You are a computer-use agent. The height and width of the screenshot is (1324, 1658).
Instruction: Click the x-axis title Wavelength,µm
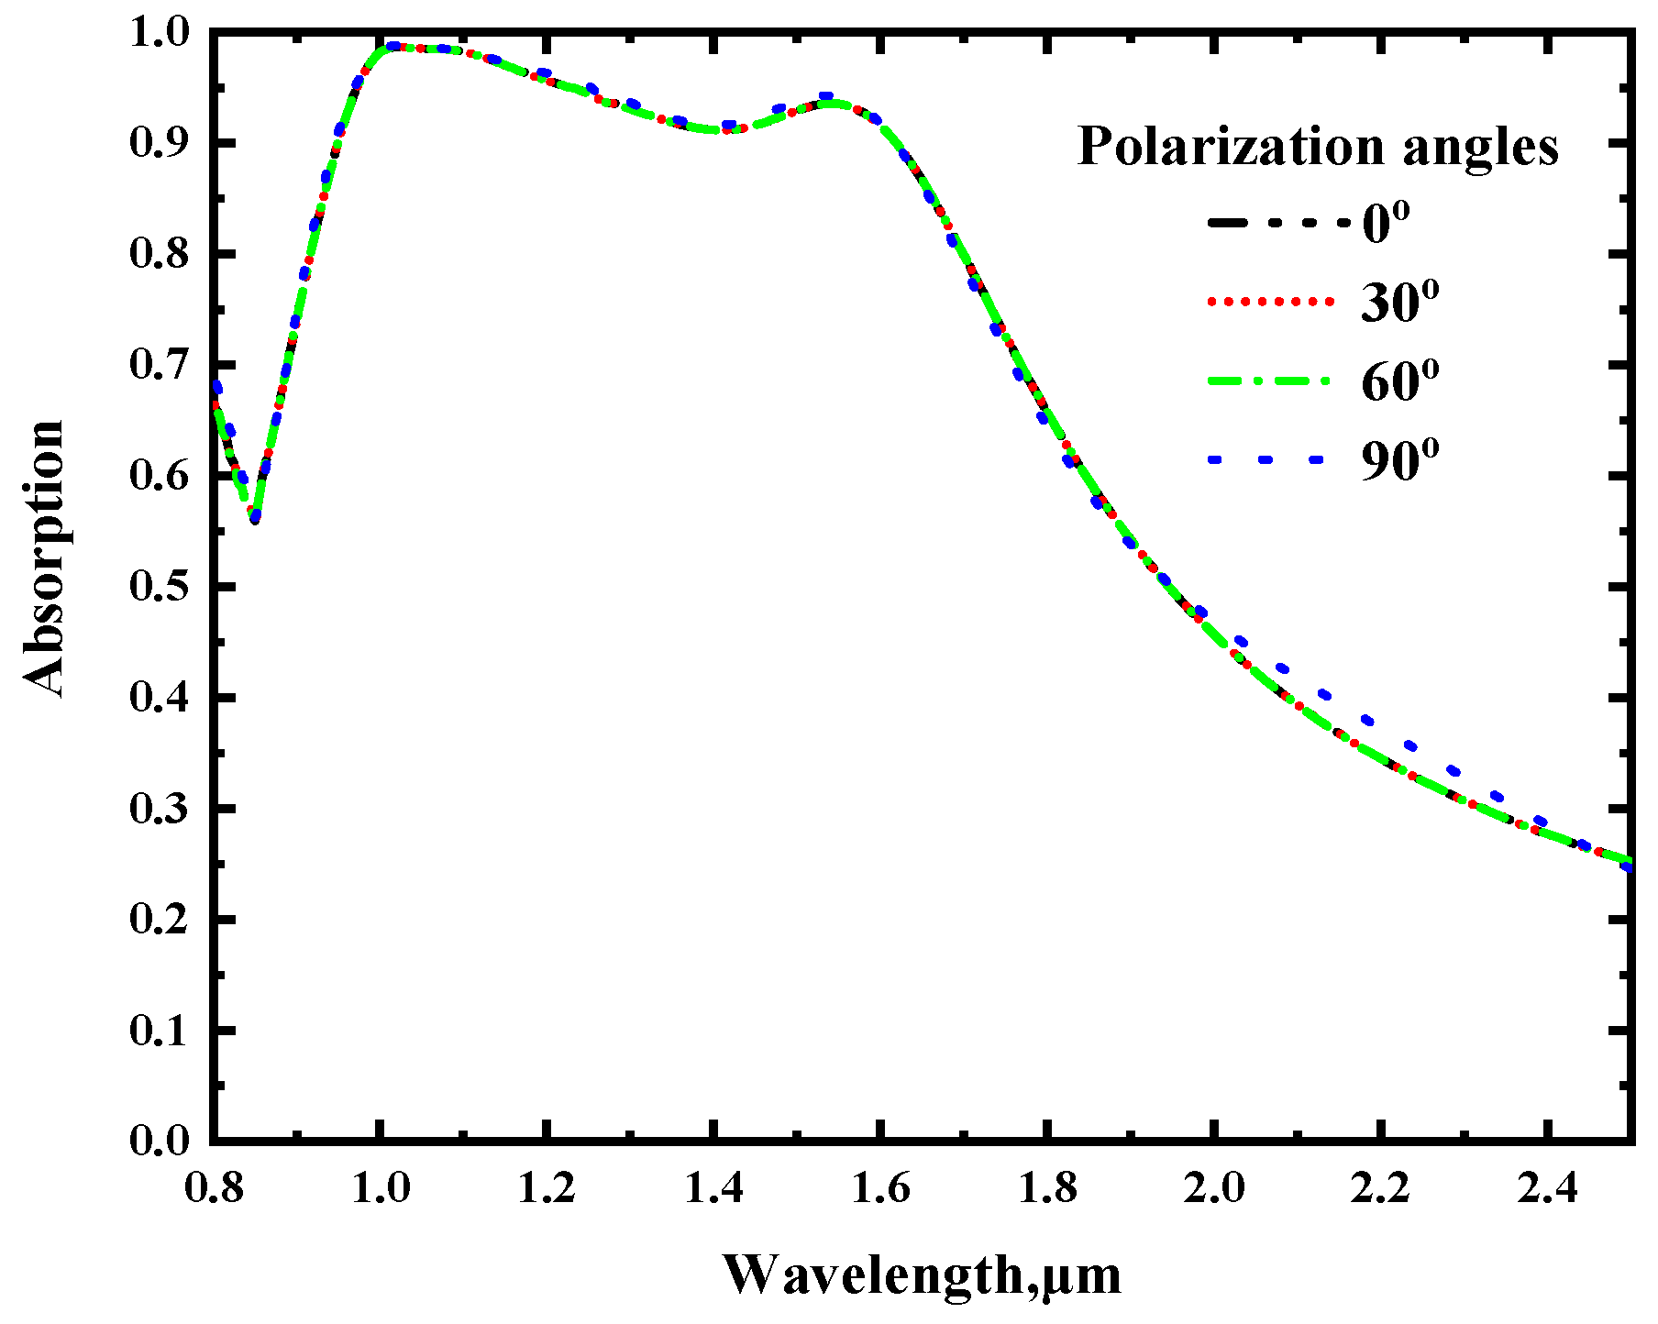922,1275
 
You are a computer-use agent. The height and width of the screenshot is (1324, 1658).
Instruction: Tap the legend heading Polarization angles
1318,147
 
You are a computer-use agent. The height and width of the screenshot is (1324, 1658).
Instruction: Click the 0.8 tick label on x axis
214,1188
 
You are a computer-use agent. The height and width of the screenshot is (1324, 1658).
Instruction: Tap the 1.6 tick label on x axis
880,1188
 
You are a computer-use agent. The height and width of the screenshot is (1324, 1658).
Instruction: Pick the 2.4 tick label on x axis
1547,1188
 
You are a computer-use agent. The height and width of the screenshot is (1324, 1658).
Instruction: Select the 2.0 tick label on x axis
1214,1188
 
